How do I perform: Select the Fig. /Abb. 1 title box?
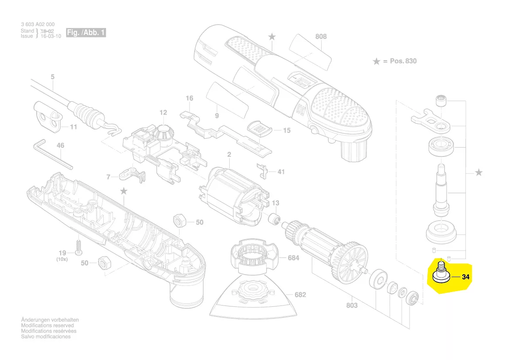[x=86, y=33]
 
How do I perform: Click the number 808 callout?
[x=321, y=37]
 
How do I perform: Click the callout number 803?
[x=352, y=305]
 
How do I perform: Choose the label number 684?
[x=294, y=258]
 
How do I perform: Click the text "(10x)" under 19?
[x=62, y=259]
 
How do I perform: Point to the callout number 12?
[x=163, y=112]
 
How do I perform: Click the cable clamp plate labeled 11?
[x=46, y=117]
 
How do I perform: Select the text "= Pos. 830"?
[x=400, y=61]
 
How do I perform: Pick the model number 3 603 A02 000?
[x=38, y=24]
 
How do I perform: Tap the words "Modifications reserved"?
[x=48, y=326]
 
